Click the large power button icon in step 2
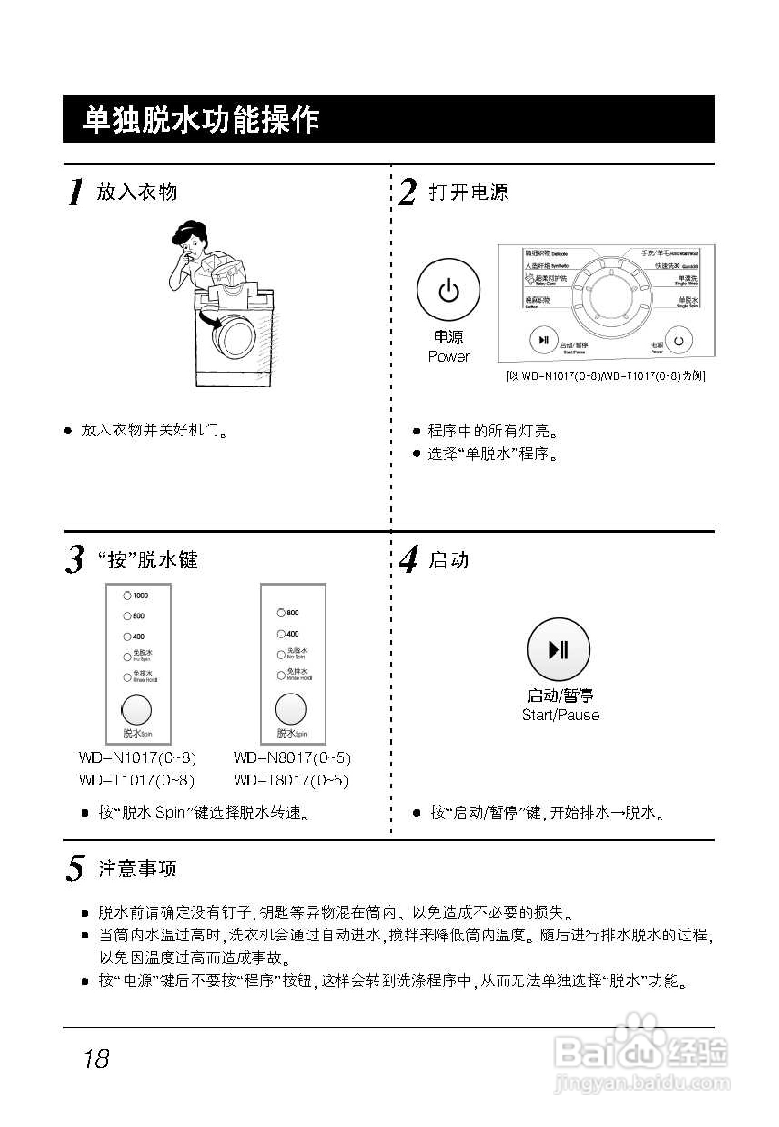coord(448,290)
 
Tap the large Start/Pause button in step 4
coord(558,649)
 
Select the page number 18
coord(96,1059)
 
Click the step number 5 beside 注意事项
coord(76,868)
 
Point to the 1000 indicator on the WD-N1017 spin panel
coord(128,595)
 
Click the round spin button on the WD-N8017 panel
coord(291,709)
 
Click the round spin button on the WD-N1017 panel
coord(136,710)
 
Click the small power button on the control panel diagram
coord(679,340)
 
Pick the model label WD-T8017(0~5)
coord(291,781)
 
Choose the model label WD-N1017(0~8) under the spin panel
coord(137,757)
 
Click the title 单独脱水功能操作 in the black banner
coord(200,119)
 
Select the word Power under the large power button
coord(448,357)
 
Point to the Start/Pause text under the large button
coord(561,715)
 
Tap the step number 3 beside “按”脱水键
coord(75,559)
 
